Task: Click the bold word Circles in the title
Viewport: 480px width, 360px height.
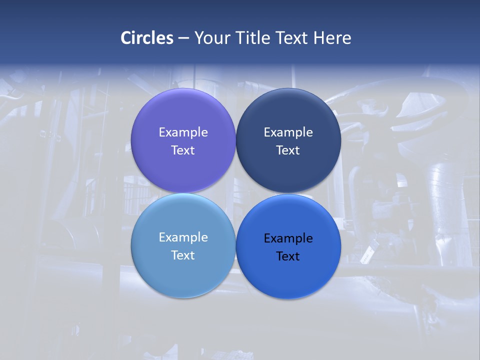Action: click(x=147, y=38)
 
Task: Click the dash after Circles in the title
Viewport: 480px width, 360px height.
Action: click(x=183, y=38)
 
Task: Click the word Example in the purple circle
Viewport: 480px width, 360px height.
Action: click(x=183, y=132)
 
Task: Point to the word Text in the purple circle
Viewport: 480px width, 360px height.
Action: click(x=183, y=150)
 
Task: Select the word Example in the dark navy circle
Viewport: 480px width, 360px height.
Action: click(x=288, y=132)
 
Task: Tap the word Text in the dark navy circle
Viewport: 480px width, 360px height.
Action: click(x=288, y=150)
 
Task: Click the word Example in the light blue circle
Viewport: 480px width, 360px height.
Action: click(x=183, y=237)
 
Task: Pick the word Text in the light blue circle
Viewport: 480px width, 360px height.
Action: click(x=183, y=255)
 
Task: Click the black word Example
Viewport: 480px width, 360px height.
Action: click(x=288, y=238)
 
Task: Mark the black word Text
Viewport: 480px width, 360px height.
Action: click(x=288, y=256)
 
